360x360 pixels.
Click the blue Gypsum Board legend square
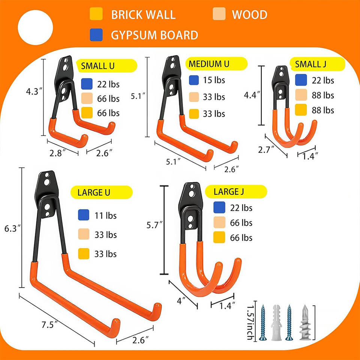click(96, 35)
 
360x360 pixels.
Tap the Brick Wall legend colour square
click(96, 14)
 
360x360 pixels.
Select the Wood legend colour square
click(219, 14)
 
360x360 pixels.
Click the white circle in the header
click(35, 27)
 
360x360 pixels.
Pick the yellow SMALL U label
click(106, 66)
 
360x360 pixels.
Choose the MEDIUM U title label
click(216, 64)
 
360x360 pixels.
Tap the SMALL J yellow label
click(317, 64)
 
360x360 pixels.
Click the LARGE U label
click(102, 192)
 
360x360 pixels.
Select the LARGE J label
click(236, 192)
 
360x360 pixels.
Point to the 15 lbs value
click(214, 80)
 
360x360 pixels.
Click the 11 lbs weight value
click(106, 216)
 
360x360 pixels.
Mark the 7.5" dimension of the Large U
click(49, 325)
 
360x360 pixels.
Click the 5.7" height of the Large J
click(154, 225)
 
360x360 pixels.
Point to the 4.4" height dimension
click(252, 95)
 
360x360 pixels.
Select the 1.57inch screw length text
click(250, 322)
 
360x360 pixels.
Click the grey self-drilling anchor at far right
click(305, 322)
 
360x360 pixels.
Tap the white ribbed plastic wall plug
click(276, 322)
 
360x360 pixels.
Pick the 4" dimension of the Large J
click(181, 300)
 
